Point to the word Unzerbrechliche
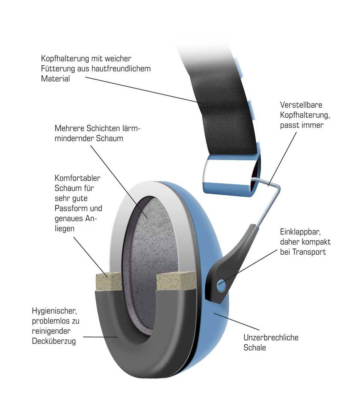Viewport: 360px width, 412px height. click(271, 338)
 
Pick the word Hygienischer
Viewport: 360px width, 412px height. click(52, 311)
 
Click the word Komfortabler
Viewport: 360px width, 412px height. click(77, 178)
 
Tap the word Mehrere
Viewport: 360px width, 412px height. click(69, 129)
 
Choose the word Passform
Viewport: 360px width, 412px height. click(69, 208)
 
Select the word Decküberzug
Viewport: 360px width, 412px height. click(54, 341)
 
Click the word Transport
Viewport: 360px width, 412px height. click(309, 252)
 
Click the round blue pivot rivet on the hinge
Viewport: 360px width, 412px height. click(221, 283)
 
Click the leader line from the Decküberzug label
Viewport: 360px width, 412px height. click(99, 337)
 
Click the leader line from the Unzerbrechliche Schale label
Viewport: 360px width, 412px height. click(237, 321)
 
